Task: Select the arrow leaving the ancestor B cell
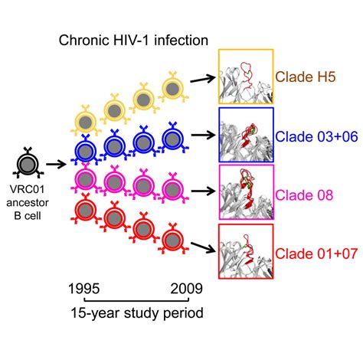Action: (x=56, y=165)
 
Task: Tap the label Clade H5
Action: (x=306, y=77)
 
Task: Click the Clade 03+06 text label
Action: (x=316, y=136)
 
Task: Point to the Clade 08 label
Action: (x=304, y=195)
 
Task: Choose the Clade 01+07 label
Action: (x=316, y=253)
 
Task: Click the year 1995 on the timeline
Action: (x=84, y=289)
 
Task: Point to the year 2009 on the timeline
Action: (x=186, y=289)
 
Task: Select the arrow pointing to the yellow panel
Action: (x=203, y=79)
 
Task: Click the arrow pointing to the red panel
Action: (x=204, y=247)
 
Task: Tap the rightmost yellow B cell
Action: (x=173, y=88)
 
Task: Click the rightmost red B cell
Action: (x=173, y=240)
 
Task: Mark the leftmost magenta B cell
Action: (x=86, y=180)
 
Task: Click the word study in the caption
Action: (x=142, y=313)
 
